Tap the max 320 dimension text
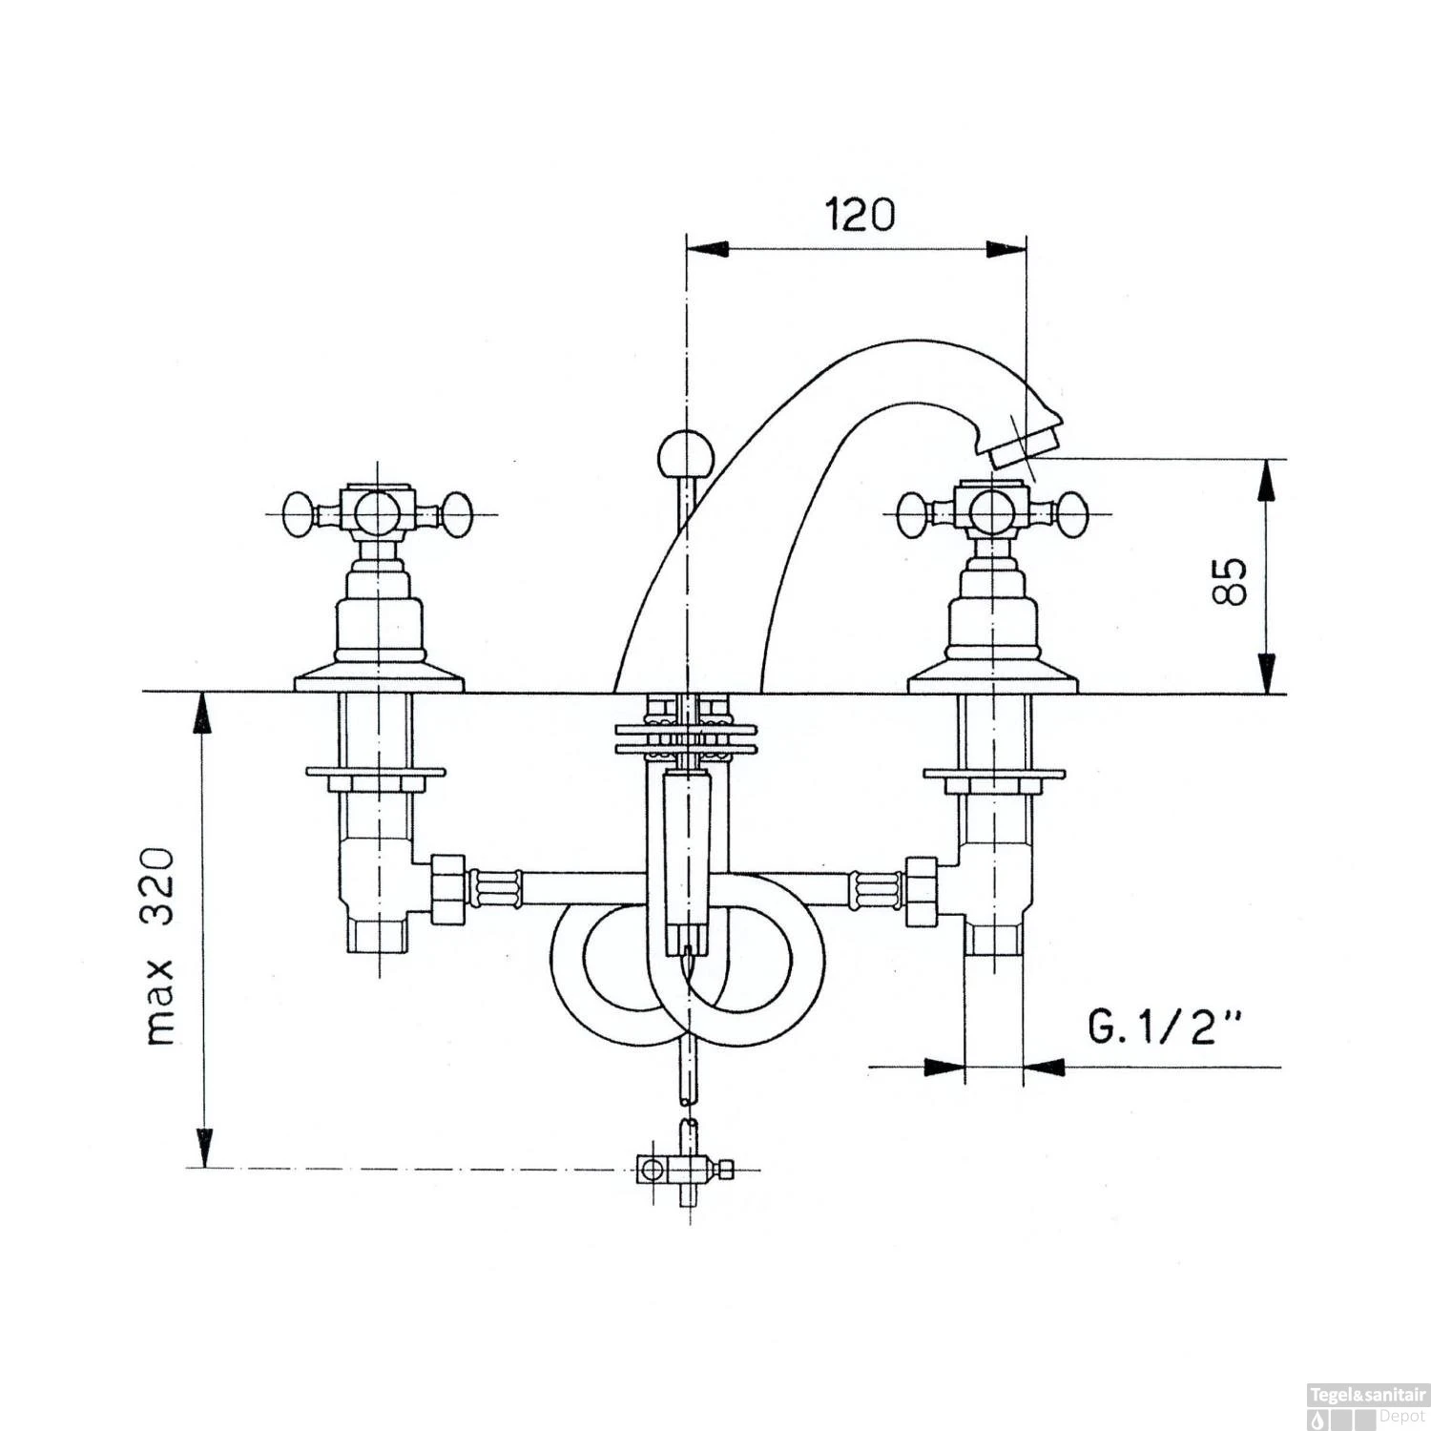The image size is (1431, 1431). point(161,944)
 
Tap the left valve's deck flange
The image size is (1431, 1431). point(379,681)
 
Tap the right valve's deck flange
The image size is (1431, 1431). point(991,681)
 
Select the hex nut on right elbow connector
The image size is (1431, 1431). point(921,889)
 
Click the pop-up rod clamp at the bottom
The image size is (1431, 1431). point(679,1166)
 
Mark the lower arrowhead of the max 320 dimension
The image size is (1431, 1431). point(203,1145)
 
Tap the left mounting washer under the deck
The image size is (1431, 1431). point(375,770)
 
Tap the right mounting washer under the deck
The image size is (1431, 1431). point(992,770)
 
